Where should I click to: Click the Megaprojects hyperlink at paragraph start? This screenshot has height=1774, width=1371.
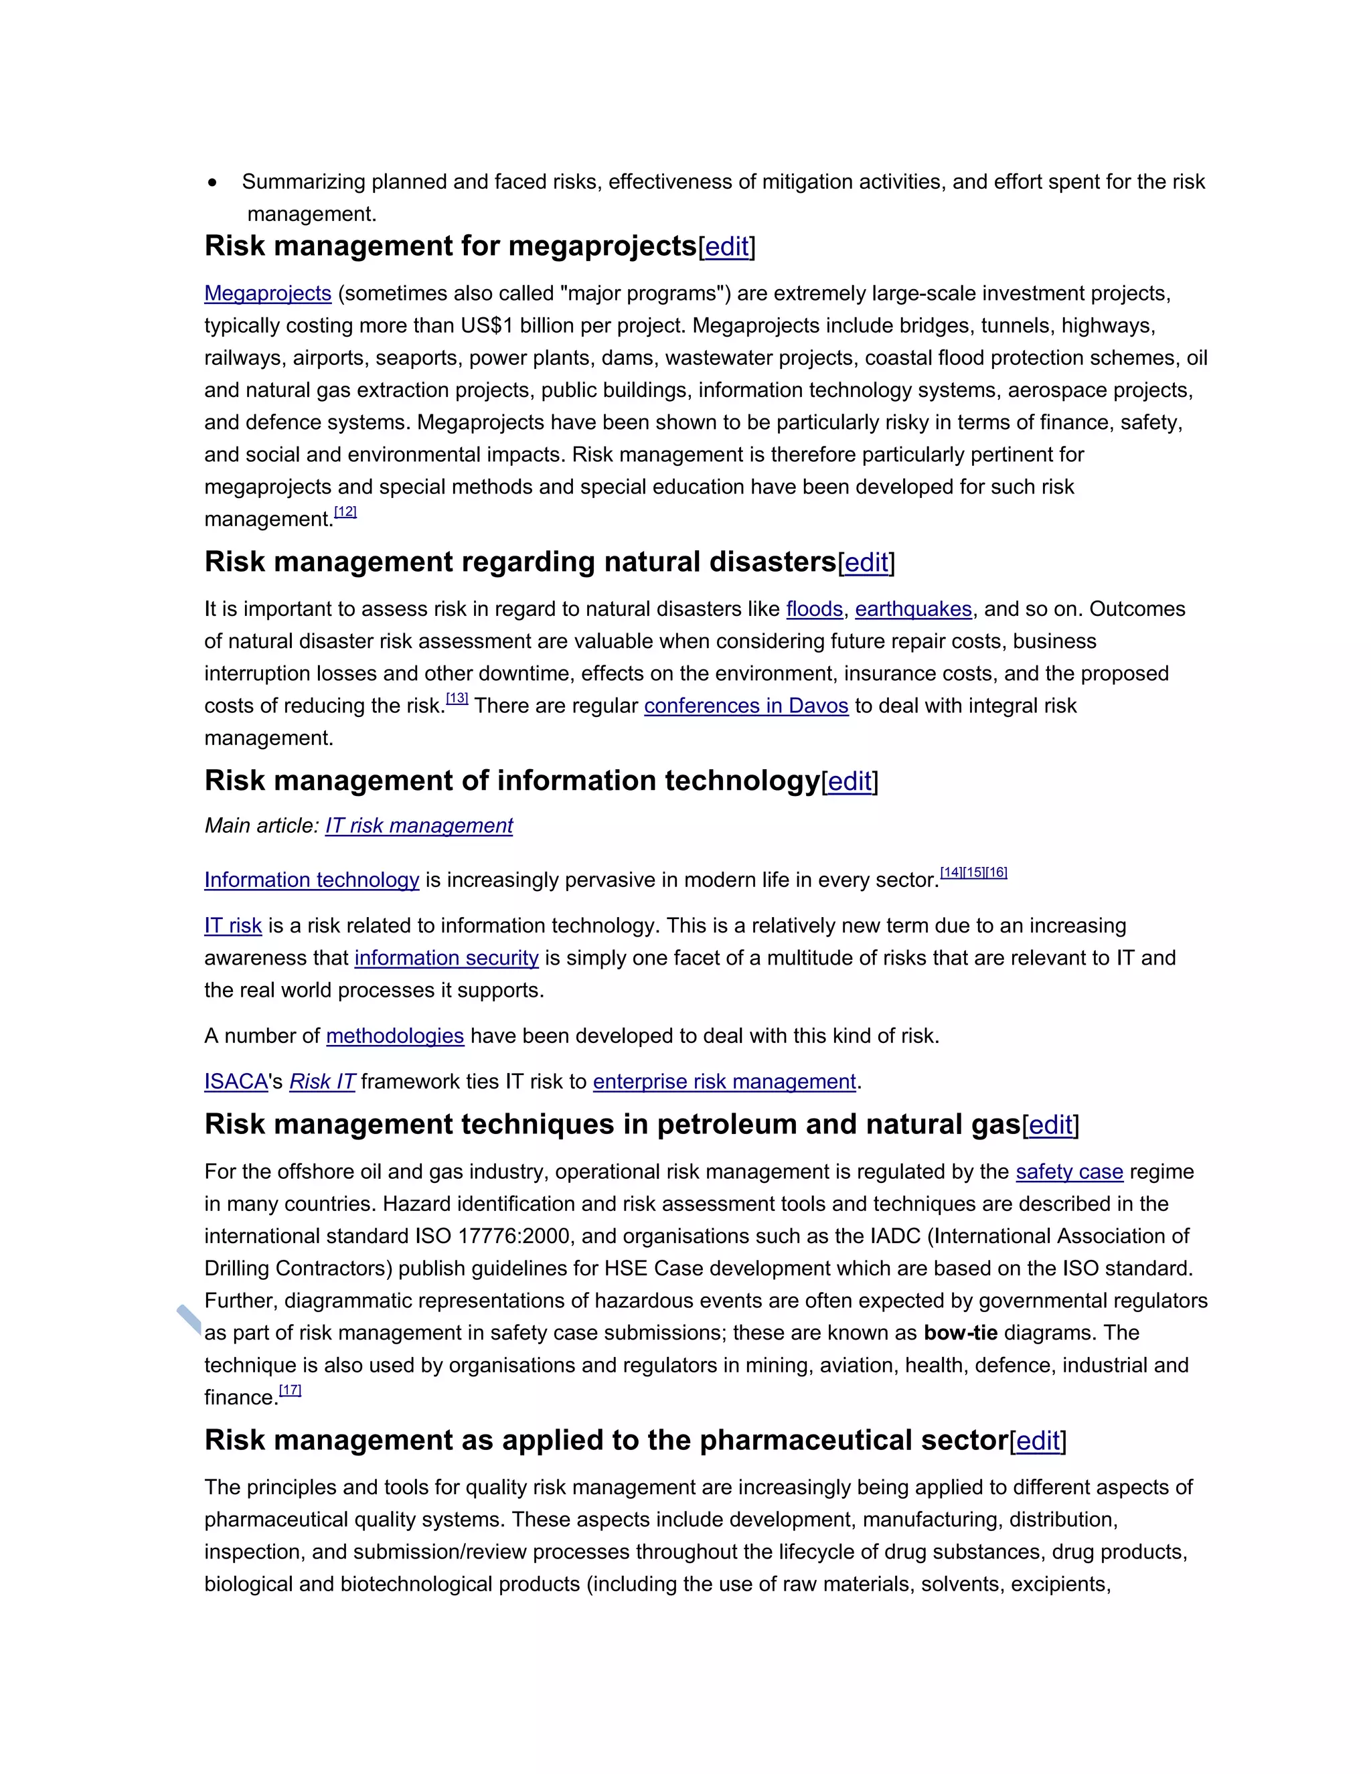[x=267, y=293]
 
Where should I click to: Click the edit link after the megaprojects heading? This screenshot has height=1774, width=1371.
[x=727, y=246]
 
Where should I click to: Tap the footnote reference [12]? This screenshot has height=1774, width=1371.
[x=345, y=511]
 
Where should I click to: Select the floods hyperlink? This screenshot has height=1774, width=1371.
[x=814, y=609]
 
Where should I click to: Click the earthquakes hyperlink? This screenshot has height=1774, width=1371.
[x=913, y=609]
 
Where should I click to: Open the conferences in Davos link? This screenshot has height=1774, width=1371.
[x=746, y=706]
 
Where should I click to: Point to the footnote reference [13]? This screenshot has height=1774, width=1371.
[x=457, y=698]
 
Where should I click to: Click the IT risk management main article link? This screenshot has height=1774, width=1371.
[x=419, y=826]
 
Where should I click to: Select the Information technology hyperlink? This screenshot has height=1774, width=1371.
[x=311, y=880]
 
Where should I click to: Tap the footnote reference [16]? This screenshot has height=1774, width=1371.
[x=997, y=872]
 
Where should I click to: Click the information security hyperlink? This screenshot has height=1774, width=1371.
[x=446, y=959]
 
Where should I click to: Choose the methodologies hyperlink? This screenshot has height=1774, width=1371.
[x=395, y=1036]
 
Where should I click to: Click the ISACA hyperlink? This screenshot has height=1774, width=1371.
[x=236, y=1082]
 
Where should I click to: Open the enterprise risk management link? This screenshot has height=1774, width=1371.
[x=724, y=1082]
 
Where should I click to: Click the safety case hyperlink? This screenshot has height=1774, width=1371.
[x=1069, y=1172]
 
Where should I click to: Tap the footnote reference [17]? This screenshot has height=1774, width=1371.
[x=290, y=1390]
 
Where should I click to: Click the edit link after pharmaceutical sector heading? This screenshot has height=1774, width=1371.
[x=1038, y=1441]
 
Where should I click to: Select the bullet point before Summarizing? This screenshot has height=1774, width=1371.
[x=213, y=183]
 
